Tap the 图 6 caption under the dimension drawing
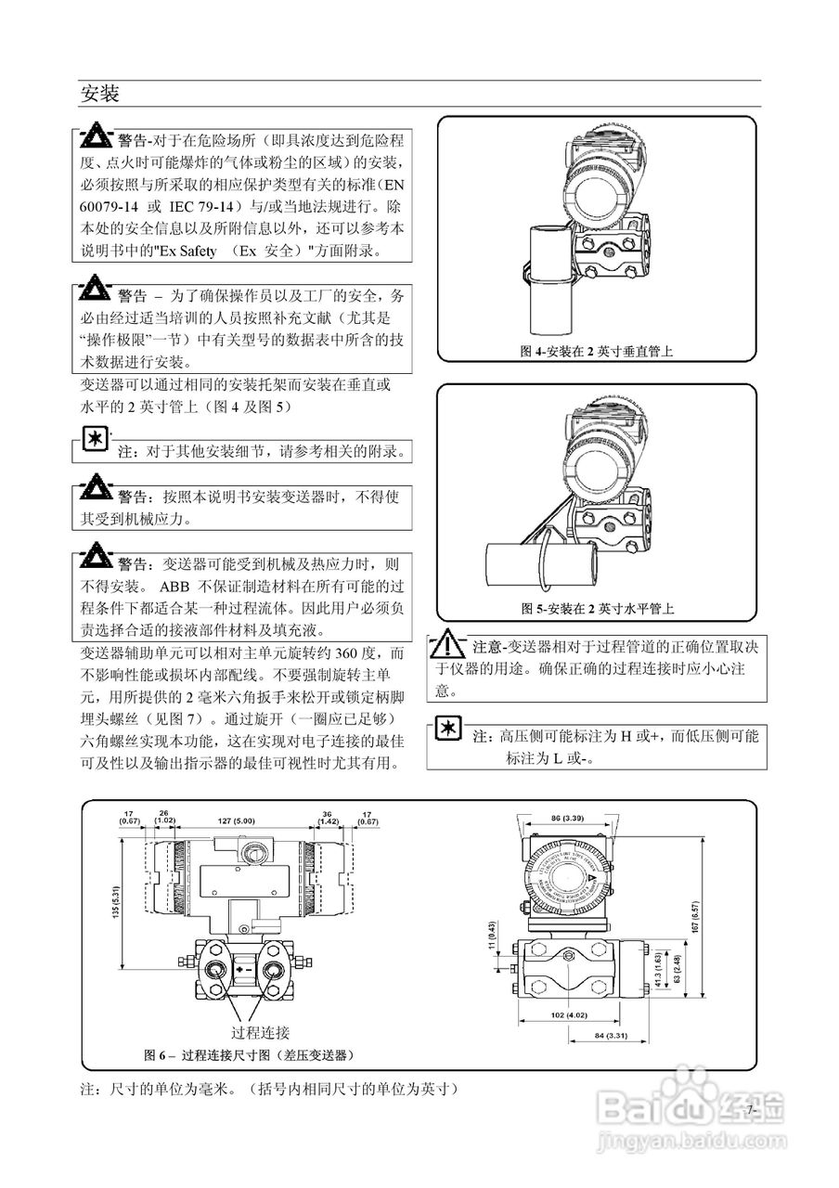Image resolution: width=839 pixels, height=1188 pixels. pyautogui.click(x=249, y=1055)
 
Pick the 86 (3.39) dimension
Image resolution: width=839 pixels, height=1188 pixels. pyautogui.click(x=566, y=818)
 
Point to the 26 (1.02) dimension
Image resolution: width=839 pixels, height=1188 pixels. pyautogui.click(x=164, y=816)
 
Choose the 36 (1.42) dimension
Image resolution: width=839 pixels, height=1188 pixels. pyautogui.click(x=328, y=816)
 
